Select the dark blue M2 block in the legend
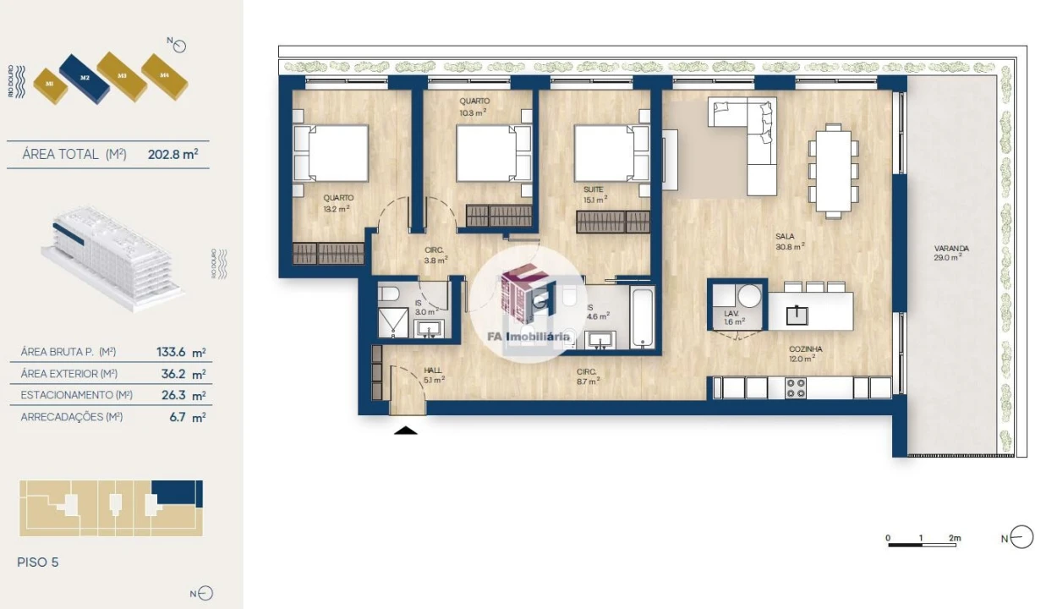pos(84,77)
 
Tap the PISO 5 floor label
pos(38,562)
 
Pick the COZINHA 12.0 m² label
pos(806,354)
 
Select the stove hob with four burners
pos(796,388)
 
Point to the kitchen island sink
pos(796,315)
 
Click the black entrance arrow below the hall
pos(407,431)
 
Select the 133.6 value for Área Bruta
pos(171,353)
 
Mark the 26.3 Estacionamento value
pos(171,395)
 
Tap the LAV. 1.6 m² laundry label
pos(733,318)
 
